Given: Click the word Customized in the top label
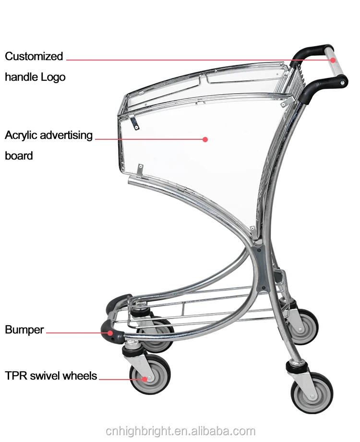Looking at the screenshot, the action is click(34, 56).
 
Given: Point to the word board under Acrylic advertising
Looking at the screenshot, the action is click(19, 156).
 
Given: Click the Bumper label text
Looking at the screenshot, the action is click(24, 330).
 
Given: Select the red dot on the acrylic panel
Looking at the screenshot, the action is click(205, 139).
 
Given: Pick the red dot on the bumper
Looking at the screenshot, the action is click(111, 332).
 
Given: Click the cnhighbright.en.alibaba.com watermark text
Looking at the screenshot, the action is click(180, 430).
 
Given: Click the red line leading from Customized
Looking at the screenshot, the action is click(192, 60).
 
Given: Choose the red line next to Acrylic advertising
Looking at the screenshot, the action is click(149, 139).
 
